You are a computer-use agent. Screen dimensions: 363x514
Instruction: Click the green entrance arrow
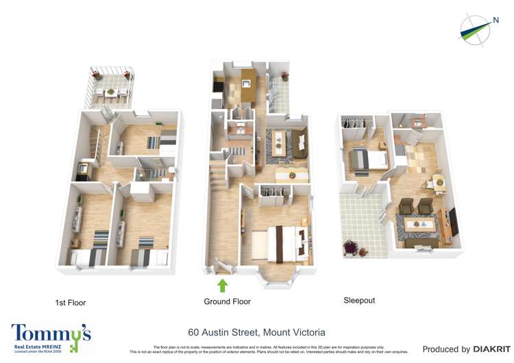point(222,284)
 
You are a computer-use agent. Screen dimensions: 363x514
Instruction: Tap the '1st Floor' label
point(71,302)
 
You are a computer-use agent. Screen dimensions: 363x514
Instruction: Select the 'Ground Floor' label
point(227,301)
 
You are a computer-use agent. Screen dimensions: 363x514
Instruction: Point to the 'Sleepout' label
point(359,300)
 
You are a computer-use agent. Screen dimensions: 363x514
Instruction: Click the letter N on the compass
point(495,21)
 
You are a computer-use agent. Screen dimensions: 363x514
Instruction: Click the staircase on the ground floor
point(218,171)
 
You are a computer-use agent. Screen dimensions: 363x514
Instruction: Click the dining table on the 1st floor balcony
point(110,92)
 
